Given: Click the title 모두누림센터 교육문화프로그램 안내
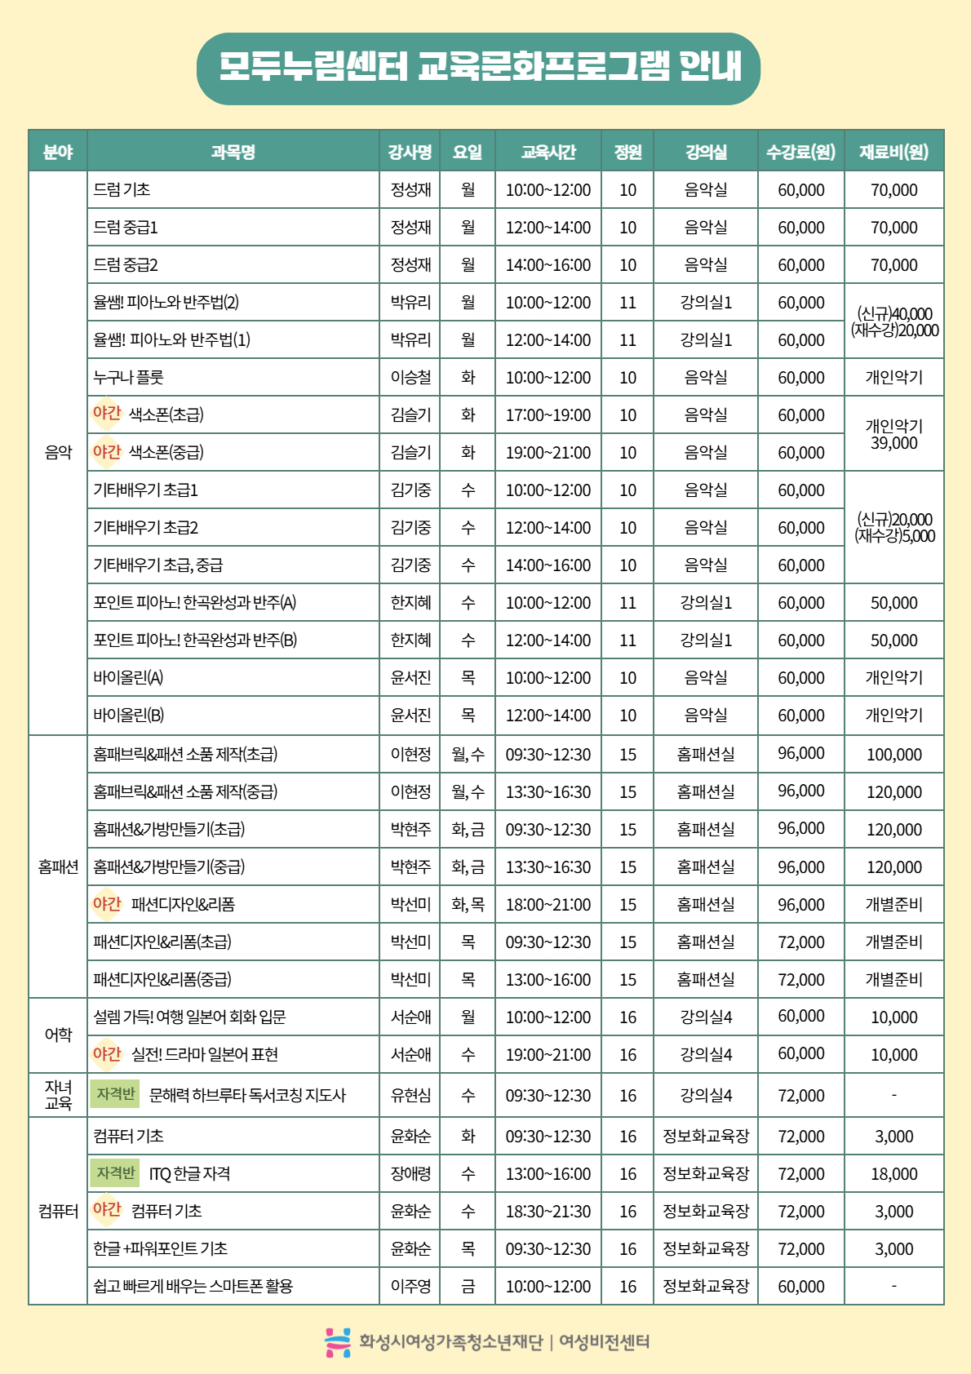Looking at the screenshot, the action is (479, 69).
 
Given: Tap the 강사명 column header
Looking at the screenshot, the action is (410, 152).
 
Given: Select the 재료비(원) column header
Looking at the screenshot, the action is (893, 152).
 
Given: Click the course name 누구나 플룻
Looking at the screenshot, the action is (129, 377).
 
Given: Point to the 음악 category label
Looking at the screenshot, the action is (58, 452).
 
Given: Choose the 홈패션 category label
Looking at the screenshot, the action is (58, 867).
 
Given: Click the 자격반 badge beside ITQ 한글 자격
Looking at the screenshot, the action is (115, 1173).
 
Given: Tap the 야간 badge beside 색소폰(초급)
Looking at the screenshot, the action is (106, 414).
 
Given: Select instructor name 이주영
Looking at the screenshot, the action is (410, 1286).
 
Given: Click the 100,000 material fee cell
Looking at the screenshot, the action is (893, 755).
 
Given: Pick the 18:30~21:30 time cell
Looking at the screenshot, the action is (548, 1212).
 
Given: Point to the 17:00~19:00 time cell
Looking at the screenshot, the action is (548, 415).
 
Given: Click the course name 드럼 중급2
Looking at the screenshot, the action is (126, 265).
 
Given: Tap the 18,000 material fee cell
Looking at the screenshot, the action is (893, 1174).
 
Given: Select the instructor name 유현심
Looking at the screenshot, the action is (410, 1095).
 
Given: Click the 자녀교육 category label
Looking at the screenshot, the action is (58, 1095).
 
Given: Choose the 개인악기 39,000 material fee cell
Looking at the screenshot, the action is (893, 434).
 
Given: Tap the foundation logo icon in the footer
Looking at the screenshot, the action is (337, 1342).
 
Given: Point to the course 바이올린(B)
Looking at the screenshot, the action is (129, 716).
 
